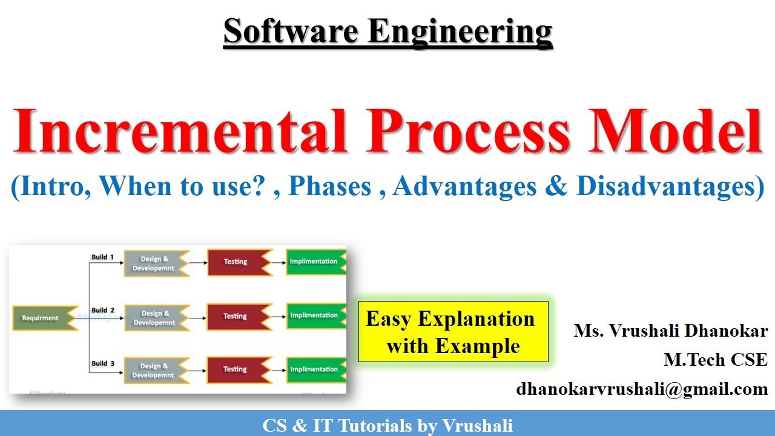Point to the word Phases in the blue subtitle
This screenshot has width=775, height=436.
pos(330,187)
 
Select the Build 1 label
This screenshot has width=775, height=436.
pos(103,257)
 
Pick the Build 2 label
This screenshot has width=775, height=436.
pos(103,310)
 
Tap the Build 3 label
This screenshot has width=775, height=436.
pos(103,363)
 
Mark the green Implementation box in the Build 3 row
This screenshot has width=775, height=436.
pos(315,369)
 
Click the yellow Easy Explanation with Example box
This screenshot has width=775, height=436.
pos(453,332)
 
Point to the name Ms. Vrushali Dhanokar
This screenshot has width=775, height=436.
pos(671,331)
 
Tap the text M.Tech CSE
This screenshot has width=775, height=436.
pos(715,360)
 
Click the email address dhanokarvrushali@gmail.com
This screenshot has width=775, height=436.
pos(642,389)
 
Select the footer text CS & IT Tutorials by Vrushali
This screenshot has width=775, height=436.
pos(387,425)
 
